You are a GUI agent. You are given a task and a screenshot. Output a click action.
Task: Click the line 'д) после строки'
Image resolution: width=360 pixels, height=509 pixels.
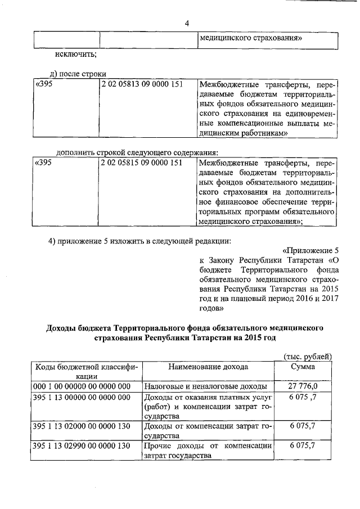(78, 73)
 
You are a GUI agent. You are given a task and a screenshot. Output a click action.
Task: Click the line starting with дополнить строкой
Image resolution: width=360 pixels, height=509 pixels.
(137, 152)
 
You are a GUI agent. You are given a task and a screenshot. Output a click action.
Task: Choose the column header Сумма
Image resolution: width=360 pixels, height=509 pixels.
(303, 367)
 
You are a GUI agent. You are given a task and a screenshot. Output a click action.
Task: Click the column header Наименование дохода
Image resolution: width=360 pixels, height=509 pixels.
(208, 367)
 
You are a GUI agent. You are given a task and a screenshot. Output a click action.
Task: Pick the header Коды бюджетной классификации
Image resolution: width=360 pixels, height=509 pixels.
(87, 372)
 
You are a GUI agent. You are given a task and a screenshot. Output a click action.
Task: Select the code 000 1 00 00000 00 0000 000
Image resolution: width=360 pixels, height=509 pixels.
(82, 386)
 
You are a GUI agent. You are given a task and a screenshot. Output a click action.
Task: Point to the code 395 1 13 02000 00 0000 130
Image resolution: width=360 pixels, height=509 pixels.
(82, 427)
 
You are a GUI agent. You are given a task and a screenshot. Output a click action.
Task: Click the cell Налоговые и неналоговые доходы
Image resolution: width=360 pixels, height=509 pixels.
(205, 386)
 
